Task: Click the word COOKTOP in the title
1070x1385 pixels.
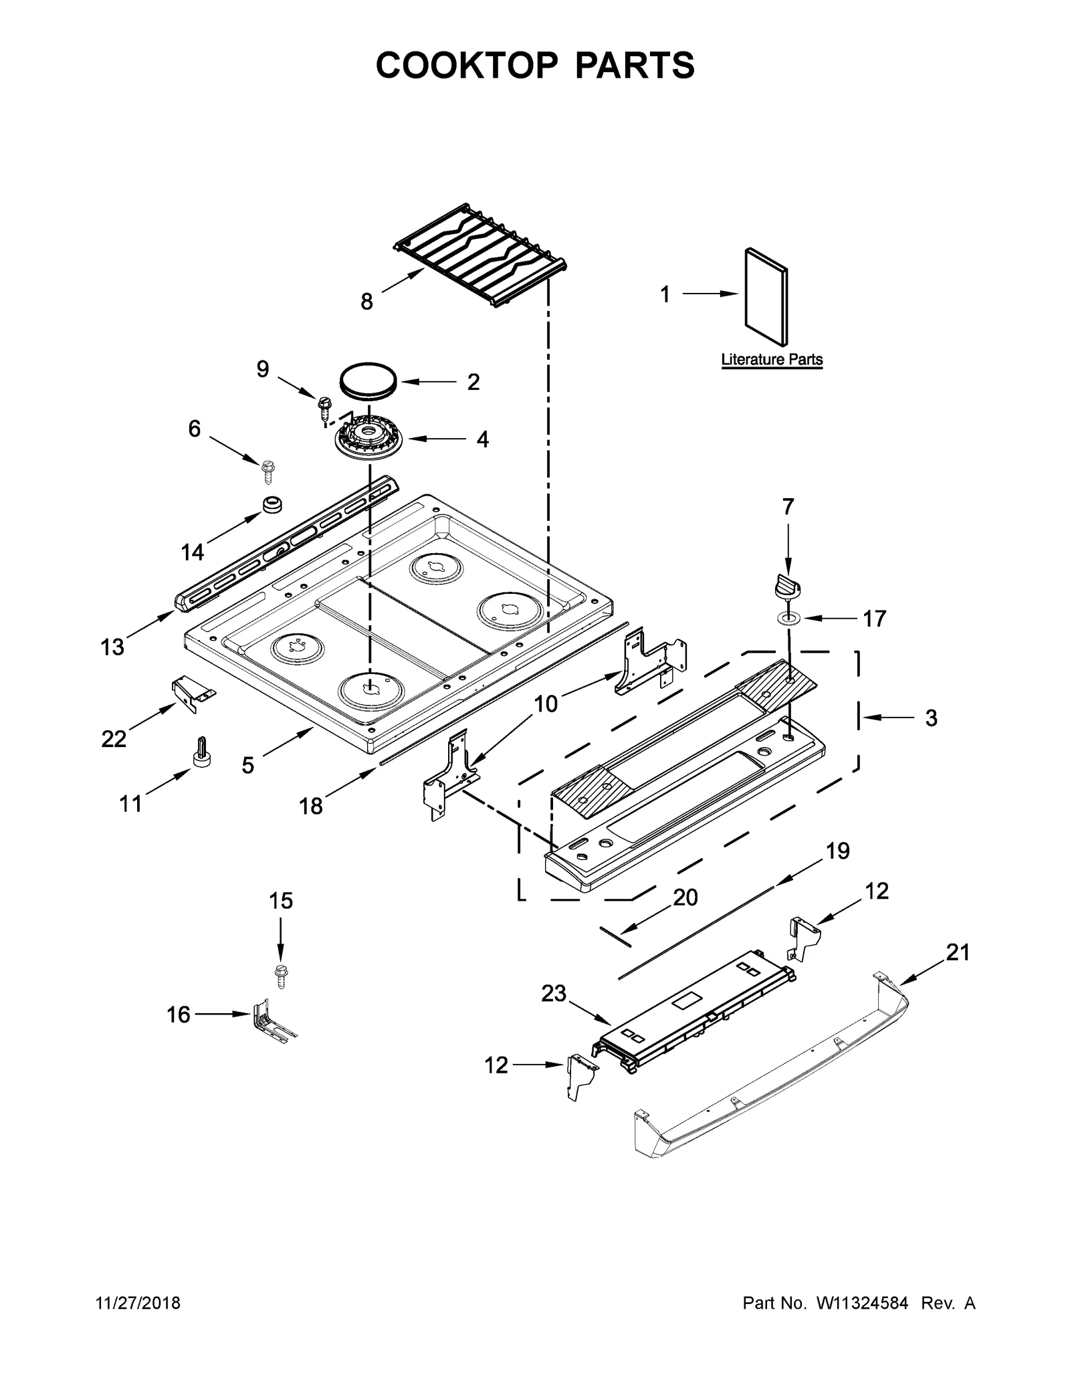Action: [466, 66]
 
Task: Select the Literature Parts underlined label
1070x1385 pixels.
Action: [771, 359]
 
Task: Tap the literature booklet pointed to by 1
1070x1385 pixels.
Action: [766, 298]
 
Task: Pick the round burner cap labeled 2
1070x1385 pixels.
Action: [368, 382]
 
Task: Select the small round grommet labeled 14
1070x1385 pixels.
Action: [272, 504]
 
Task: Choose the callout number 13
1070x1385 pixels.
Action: [112, 647]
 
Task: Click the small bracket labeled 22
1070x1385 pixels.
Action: [191, 692]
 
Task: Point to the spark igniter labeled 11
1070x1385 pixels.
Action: [201, 752]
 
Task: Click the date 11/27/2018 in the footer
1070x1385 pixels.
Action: [139, 1303]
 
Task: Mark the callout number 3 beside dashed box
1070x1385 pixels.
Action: [930, 718]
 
